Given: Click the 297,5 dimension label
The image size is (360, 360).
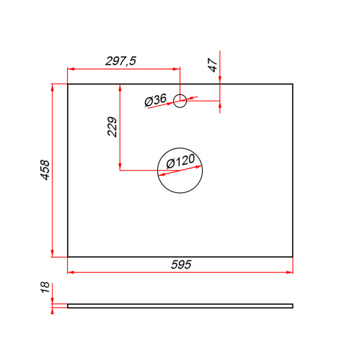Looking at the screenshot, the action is click(x=121, y=61).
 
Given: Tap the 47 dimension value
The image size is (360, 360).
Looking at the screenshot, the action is click(x=213, y=65).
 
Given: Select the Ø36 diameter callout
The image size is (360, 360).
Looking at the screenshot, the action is click(x=155, y=100).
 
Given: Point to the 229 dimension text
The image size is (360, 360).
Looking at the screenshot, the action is click(x=112, y=127).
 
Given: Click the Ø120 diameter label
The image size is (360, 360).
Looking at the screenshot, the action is click(x=181, y=161).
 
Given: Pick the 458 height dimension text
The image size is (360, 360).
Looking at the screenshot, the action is click(x=45, y=170).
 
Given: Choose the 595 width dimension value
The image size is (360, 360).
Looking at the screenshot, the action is click(x=181, y=265).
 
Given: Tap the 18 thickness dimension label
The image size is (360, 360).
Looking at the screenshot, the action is click(x=45, y=287).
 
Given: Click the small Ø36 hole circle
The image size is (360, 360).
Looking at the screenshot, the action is click(x=180, y=94).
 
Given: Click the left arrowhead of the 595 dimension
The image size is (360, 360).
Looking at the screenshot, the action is click(x=71, y=272).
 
